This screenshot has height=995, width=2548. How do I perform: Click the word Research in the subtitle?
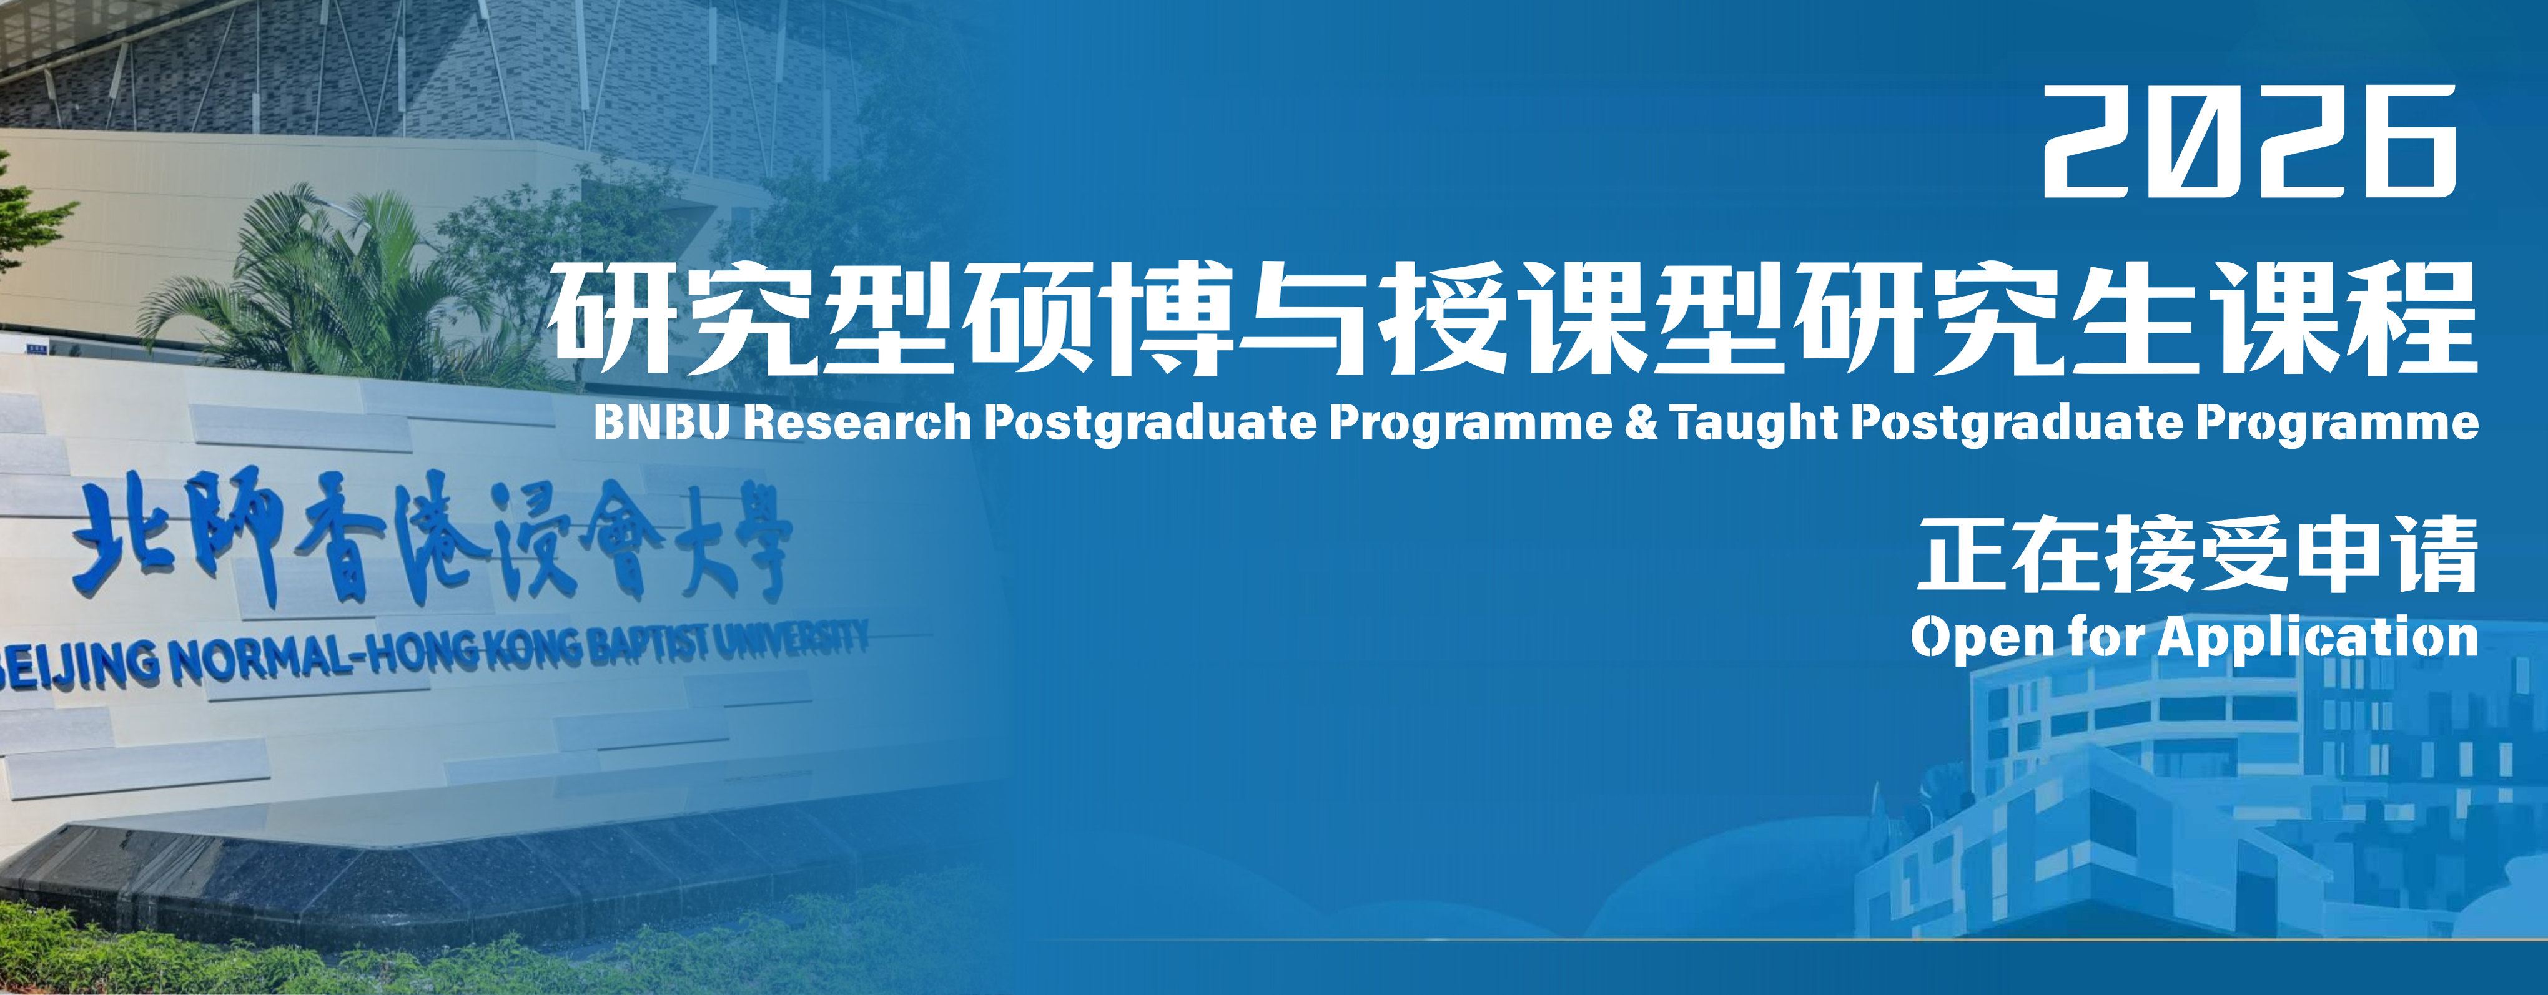pyautogui.click(x=857, y=423)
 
